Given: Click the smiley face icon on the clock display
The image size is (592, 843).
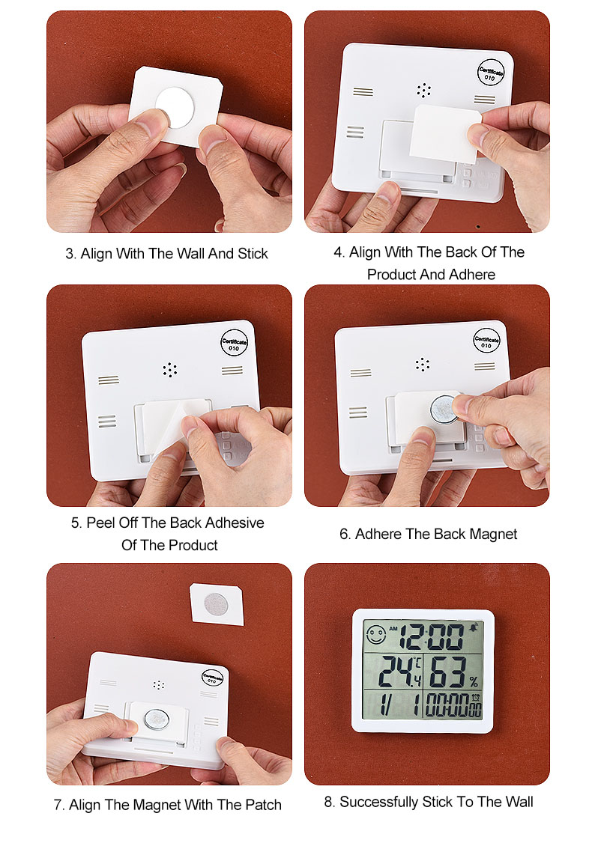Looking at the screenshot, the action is [375, 635].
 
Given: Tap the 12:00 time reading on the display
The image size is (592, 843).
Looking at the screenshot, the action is [432, 636].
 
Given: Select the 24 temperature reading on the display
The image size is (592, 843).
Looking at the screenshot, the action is [394, 672].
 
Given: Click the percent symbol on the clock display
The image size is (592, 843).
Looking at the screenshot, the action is [473, 682].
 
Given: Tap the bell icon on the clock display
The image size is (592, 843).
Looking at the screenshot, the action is [474, 627].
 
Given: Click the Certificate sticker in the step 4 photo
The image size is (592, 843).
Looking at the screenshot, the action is [491, 73].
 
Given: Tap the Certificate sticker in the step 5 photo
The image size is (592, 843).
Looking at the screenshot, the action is [234, 342].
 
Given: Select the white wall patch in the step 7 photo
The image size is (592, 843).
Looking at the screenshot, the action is [217, 604].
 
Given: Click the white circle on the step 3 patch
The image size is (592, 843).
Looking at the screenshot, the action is [175, 108].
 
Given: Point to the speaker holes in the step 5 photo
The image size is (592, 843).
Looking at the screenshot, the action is [170, 369].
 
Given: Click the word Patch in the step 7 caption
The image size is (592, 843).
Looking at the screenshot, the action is [263, 805].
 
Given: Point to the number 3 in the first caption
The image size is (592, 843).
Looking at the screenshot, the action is [70, 253].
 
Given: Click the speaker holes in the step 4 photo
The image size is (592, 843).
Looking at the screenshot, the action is [423, 91].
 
